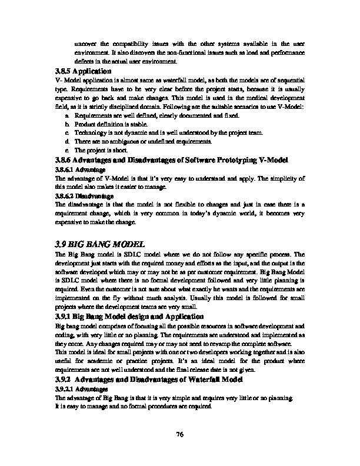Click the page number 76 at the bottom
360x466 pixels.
coord(180,434)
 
